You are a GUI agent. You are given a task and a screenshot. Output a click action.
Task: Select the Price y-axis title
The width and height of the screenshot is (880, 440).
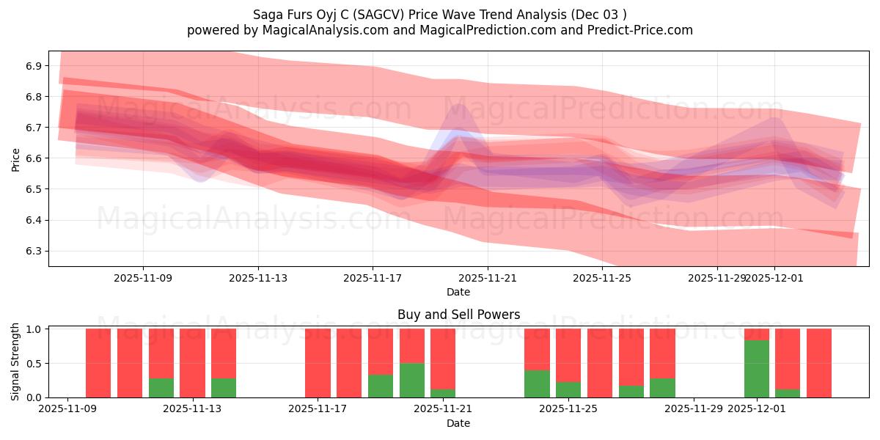[15, 158]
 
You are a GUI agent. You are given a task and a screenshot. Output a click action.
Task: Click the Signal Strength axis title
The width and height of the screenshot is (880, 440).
[15, 362]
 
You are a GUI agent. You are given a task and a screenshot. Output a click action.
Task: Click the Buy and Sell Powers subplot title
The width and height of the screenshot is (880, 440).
[458, 315]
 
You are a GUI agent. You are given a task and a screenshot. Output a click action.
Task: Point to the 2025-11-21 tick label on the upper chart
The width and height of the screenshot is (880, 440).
[487, 278]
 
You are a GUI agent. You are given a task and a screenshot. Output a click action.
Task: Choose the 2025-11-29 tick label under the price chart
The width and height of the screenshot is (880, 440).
[716, 278]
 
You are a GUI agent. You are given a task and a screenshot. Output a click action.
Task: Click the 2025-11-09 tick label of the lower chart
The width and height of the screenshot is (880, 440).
[67, 409]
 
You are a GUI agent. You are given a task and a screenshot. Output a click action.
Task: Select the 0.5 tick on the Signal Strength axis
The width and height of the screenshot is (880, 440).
[34, 364]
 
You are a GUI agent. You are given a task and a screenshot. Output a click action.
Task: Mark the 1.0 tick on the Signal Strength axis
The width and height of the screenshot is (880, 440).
[34, 329]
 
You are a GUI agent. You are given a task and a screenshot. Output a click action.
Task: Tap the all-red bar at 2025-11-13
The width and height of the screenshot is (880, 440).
[192, 363]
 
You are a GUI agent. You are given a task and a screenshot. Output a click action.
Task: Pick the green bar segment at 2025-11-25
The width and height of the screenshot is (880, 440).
[568, 389]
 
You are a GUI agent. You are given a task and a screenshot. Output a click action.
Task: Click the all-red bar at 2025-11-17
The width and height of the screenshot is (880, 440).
[318, 363]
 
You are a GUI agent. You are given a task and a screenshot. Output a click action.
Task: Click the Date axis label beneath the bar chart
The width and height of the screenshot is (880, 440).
[458, 423]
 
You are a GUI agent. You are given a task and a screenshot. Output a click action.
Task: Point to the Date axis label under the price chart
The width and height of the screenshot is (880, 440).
[458, 292]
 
